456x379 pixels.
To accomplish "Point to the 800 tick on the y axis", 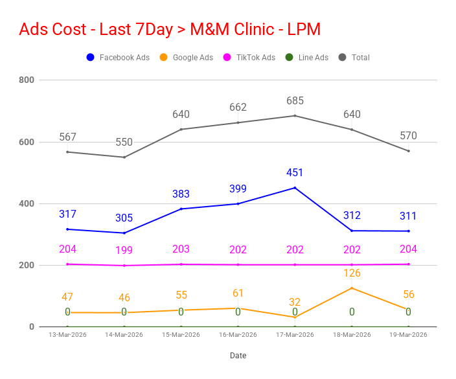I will coord(27,80).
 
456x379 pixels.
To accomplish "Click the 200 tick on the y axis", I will coord(27,266).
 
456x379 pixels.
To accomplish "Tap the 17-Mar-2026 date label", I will coord(295,335).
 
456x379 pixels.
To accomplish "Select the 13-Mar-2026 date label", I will coord(67,335).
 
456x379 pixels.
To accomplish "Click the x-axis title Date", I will coord(238,356).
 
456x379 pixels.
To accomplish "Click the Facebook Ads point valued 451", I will coord(295,188).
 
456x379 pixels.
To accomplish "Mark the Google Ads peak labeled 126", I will coord(352,288).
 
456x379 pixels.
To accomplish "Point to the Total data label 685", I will coord(295,101).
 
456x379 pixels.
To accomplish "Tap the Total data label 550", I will coord(124,143).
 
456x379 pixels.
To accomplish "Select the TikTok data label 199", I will coord(124,251).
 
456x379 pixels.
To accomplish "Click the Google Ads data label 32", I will coord(295,302).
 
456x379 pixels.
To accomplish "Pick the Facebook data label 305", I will coord(124,218).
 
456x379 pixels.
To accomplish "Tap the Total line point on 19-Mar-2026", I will coord(408,151).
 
